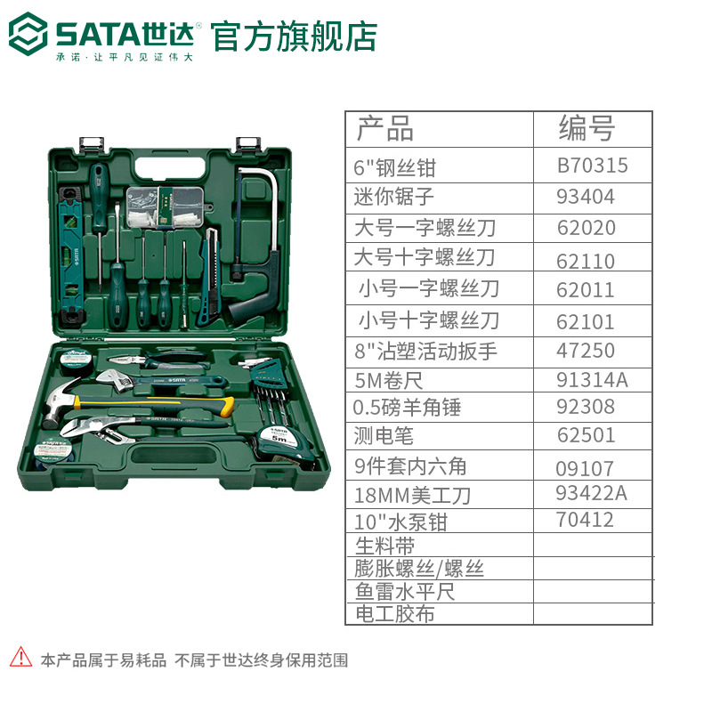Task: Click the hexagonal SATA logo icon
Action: tap(28, 34)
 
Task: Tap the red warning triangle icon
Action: tap(20, 657)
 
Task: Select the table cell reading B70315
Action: tap(592, 166)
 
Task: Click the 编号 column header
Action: tap(587, 128)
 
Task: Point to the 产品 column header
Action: tap(385, 128)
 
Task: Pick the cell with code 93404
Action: tap(586, 197)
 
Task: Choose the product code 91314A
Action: tap(592, 380)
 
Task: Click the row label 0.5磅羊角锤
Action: tap(407, 407)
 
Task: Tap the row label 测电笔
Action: tap(384, 436)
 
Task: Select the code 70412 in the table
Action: tap(585, 520)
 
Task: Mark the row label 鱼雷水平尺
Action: tap(405, 591)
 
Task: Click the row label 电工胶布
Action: tap(394, 614)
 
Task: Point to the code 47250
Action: tap(586, 351)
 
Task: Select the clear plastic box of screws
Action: tap(166, 206)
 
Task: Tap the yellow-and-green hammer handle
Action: tap(154, 404)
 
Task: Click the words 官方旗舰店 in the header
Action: tap(294, 36)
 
